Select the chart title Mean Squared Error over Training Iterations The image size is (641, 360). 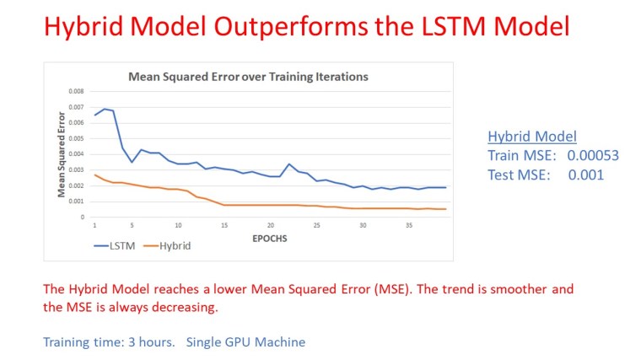click(248, 77)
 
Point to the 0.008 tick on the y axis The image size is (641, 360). click(76, 91)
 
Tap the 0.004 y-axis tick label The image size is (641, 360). click(76, 154)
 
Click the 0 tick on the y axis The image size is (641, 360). click(82, 217)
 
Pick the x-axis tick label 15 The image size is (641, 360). click(224, 225)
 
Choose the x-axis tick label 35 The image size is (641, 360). click(408, 225)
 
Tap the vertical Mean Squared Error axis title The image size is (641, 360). click(62, 153)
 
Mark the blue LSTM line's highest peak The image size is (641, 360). click(104, 109)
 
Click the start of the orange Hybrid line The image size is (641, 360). click(95, 175)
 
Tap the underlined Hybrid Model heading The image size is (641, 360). click(531, 137)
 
